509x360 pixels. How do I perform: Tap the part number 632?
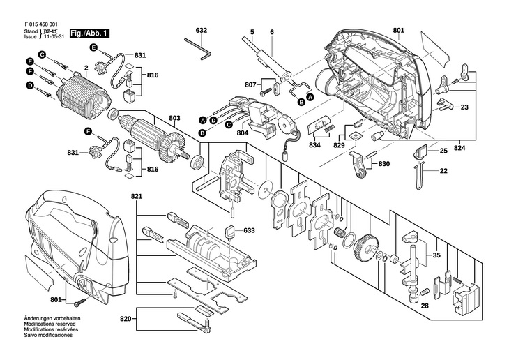[x=202, y=31]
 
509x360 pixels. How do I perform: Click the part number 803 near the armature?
[x=174, y=118]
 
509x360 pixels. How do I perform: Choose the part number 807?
[x=250, y=84]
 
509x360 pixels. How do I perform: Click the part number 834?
[x=315, y=145]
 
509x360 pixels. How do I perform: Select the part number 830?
[x=383, y=165]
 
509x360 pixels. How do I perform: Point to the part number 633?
[x=249, y=230]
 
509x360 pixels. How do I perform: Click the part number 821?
[x=136, y=197]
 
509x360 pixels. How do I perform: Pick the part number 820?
[x=126, y=320]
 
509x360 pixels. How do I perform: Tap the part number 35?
[x=437, y=255]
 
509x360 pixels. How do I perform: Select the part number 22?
[x=443, y=171]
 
